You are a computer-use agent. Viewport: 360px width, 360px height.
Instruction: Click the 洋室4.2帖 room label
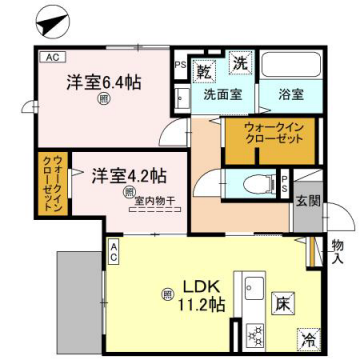pyautogui.click(x=130, y=177)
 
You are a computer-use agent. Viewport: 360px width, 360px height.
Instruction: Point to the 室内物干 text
pyautogui.click(x=154, y=200)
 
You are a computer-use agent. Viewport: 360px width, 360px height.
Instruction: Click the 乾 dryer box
pyautogui.click(x=203, y=71)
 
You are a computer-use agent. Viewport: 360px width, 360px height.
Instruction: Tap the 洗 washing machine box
pyautogui.click(x=240, y=61)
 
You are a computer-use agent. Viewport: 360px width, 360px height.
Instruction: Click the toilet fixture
pyautogui.click(x=251, y=182)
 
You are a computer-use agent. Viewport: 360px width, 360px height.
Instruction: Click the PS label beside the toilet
pyautogui.click(x=285, y=182)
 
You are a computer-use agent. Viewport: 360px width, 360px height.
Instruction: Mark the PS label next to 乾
pyautogui.click(x=180, y=67)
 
